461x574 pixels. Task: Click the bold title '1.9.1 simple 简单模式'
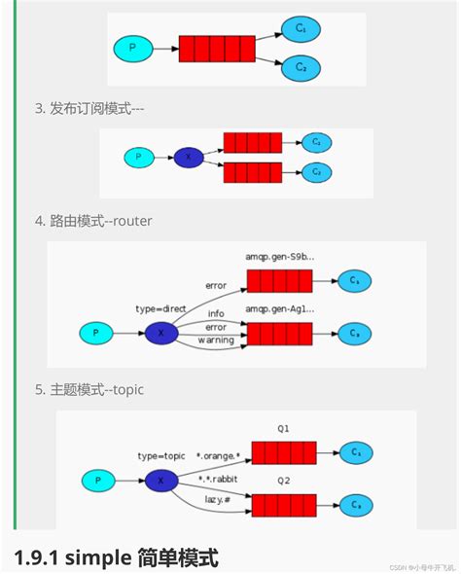tap(116, 556)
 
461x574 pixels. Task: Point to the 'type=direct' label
tap(161, 308)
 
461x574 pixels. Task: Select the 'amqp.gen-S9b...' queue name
tap(279, 258)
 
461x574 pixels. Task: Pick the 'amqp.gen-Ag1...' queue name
tap(279, 308)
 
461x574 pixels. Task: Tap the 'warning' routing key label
tap(215, 341)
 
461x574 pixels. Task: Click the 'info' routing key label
tap(216, 314)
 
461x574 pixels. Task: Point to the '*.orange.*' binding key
tap(218, 454)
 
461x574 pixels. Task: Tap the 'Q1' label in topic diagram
tap(283, 428)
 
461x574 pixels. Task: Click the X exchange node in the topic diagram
tap(160, 480)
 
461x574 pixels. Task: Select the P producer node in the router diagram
tap(95, 334)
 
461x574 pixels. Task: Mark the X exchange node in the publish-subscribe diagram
tap(188, 157)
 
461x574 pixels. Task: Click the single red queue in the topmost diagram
tap(217, 47)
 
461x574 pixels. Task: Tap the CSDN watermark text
tap(422, 566)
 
